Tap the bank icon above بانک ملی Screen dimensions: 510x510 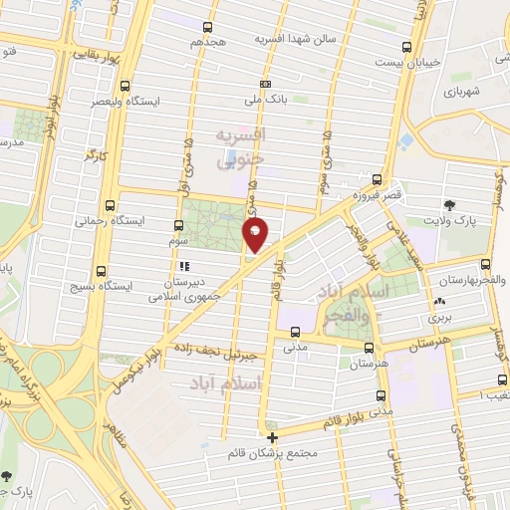[x=265, y=85]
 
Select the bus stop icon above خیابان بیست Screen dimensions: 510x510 [x=405, y=47]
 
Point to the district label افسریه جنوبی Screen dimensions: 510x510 [x=238, y=144]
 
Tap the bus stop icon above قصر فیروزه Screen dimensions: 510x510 [x=376, y=180]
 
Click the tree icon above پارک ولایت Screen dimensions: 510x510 [x=450, y=205]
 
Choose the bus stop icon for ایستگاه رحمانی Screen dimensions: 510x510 [x=124, y=204]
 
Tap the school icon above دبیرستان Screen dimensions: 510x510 [x=183, y=267]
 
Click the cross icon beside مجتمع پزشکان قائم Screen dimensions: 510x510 [x=271, y=436]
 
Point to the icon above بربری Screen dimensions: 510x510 [x=439, y=303]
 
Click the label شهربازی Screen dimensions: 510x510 [x=463, y=93]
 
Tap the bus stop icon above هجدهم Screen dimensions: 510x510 [x=206, y=28]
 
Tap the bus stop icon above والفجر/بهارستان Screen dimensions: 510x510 [x=485, y=265]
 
